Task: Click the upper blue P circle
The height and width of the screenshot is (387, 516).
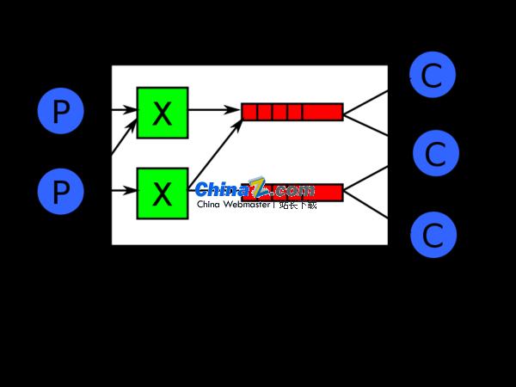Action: click(60, 112)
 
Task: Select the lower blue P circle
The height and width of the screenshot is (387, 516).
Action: click(60, 191)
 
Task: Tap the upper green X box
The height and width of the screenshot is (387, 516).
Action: click(162, 113)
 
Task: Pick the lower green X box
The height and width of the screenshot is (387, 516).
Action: click(162, 193)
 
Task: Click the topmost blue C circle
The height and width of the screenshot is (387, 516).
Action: click(432, 75)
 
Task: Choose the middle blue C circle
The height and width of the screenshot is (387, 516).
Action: click(435, 154)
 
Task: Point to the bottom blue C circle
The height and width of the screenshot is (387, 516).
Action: click(433, 234)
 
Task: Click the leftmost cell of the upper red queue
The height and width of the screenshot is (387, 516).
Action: click(249, 112)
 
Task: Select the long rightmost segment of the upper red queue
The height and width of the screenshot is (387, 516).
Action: click(322, 112)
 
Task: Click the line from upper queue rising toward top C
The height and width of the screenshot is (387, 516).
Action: click(365, 101)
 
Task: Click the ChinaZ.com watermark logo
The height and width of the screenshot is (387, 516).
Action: click(255, 189)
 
